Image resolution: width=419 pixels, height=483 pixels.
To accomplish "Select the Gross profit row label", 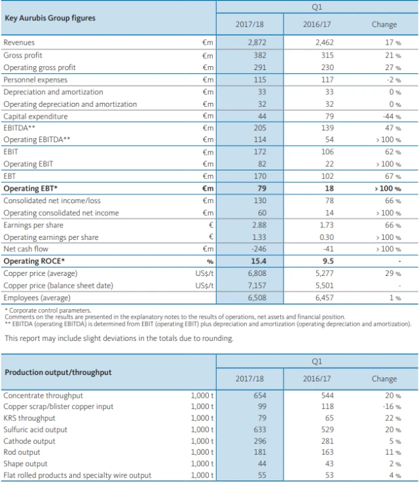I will [23, 56].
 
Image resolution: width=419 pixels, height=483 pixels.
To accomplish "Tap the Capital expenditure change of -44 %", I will [392, 117].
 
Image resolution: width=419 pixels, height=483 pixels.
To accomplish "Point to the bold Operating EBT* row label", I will [31, 189].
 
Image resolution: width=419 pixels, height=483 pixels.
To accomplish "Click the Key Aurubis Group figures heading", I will [50, 18].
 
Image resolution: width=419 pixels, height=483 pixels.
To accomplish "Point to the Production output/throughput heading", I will [58, 372].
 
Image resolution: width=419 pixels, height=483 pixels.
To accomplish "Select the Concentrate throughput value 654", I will [260, 396].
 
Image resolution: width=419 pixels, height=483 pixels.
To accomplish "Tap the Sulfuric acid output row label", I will [35, 430].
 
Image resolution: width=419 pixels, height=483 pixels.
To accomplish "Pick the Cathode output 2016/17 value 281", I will [327, 441].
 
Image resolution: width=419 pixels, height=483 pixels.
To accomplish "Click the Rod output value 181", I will [260, 452].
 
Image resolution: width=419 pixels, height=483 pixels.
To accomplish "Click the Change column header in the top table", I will [384, 25].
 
